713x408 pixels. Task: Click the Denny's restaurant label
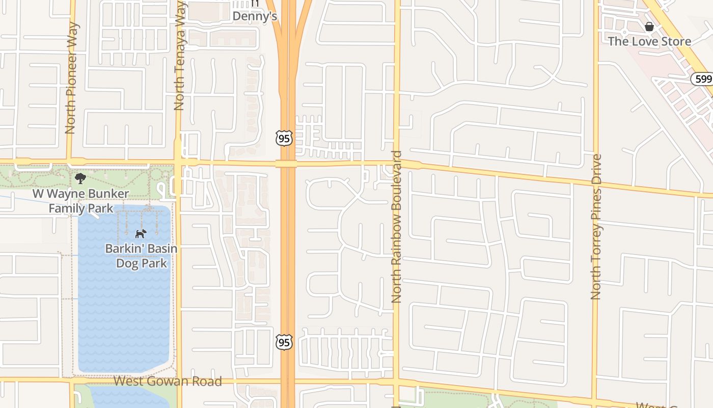[255, 16]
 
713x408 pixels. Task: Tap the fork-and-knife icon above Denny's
[255, 3]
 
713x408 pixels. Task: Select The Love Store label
[649, 41]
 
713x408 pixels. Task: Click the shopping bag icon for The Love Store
[649, 27]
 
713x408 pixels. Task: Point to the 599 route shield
[701, 79]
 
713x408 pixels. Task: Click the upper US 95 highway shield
[284, 138]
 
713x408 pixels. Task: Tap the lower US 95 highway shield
[284, 342]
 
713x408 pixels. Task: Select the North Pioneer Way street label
[71, 78]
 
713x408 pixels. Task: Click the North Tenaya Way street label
[179, 55]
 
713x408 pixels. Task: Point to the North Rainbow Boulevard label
[397, 227]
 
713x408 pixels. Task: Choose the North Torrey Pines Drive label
[596, 227]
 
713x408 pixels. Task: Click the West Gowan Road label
[168, 381]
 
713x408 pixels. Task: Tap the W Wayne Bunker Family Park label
[81, 201]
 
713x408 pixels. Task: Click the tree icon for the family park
[80, 178]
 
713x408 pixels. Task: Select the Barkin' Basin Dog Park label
[141, 256]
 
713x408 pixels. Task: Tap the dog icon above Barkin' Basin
[141, 234]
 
